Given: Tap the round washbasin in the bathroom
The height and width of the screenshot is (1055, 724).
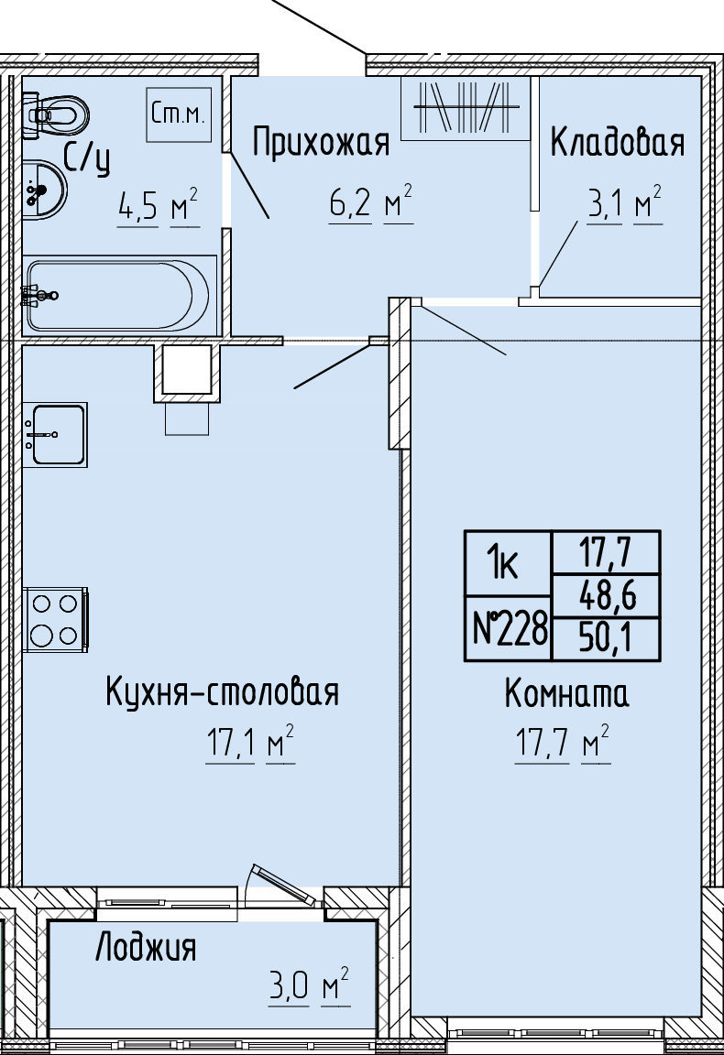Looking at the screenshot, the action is [x=45, y=190].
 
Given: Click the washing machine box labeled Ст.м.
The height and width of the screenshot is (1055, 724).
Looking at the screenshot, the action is [x=179, y=114].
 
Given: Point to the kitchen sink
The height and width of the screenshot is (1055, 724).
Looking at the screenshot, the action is [x=55, y=435].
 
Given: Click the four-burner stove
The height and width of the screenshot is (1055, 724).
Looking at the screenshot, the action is [x=55, y=619].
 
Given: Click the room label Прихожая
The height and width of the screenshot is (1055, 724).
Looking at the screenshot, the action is [x=322, y=143].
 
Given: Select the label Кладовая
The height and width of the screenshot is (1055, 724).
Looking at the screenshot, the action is [x=618, y=142].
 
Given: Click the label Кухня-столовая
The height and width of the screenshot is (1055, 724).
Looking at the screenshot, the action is [x=223, y=691].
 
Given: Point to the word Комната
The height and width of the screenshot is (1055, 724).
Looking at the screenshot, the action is [x=567, y=693].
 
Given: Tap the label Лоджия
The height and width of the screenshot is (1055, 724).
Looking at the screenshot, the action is [x=146, y=947].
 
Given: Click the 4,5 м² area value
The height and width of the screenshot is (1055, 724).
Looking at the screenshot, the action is [x=159, y=206].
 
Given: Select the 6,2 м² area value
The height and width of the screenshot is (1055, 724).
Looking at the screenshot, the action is [x=370, y=201].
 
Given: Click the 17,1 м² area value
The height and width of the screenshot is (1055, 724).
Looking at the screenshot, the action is [x=250, y=743].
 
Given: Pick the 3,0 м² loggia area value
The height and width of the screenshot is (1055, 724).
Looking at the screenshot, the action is [x=309, y=985].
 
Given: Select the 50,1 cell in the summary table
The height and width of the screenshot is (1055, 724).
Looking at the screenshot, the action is [x=606, y=637].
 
